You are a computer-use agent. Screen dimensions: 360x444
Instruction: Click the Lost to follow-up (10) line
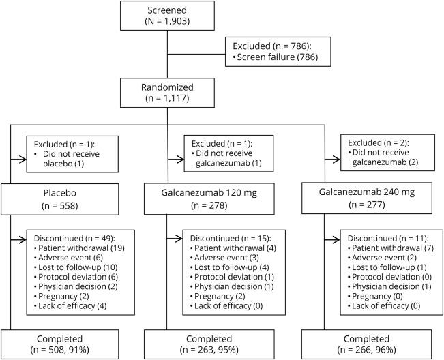pos(75,269)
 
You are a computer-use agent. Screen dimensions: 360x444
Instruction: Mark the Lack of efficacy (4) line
pos(73,307)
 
